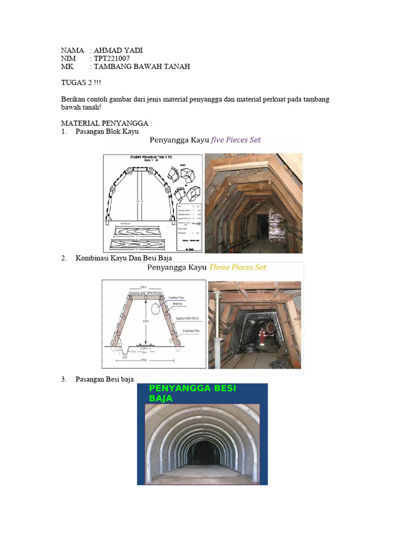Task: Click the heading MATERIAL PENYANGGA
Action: click(106, 123)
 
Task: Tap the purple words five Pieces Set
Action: click(236, 141)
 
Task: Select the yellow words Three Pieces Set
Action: click(237, 267)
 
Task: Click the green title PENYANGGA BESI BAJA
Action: click(192, 394)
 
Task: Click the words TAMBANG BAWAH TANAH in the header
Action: click(141, 67)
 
